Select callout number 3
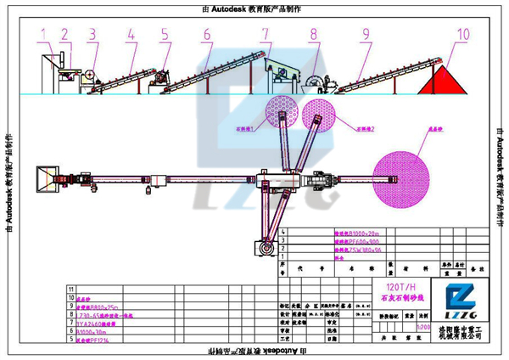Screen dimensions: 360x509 coord(92,34)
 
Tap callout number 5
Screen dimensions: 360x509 coord(164,34)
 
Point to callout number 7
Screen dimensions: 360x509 coord(266,34)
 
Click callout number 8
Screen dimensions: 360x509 coord(313,34)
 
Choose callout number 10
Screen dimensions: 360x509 coord(462,34)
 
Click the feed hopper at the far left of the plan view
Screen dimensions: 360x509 coord(42,179)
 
